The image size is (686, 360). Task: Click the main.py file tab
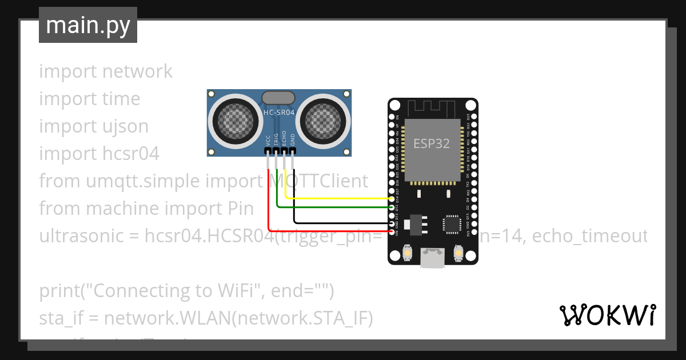point(87,25)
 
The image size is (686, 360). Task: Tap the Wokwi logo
point(607,315)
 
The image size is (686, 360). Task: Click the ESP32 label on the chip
point(432,143)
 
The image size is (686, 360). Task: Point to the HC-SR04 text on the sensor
point(278,113)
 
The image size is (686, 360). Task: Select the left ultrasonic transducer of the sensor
point(233,121)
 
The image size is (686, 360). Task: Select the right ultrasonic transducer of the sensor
point(324,121)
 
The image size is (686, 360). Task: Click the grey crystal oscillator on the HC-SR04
point(278,98)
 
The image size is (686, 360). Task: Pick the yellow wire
point(337,198)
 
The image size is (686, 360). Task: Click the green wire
point(332,207)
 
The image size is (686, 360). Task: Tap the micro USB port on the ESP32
point(432,258)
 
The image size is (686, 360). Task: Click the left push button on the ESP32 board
point(407,252)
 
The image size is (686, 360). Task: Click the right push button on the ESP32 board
point(457,252)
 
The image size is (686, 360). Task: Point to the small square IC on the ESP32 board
point(452,224)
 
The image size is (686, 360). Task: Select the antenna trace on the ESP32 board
point(432,107)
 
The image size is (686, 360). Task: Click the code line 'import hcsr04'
point(99,154)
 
